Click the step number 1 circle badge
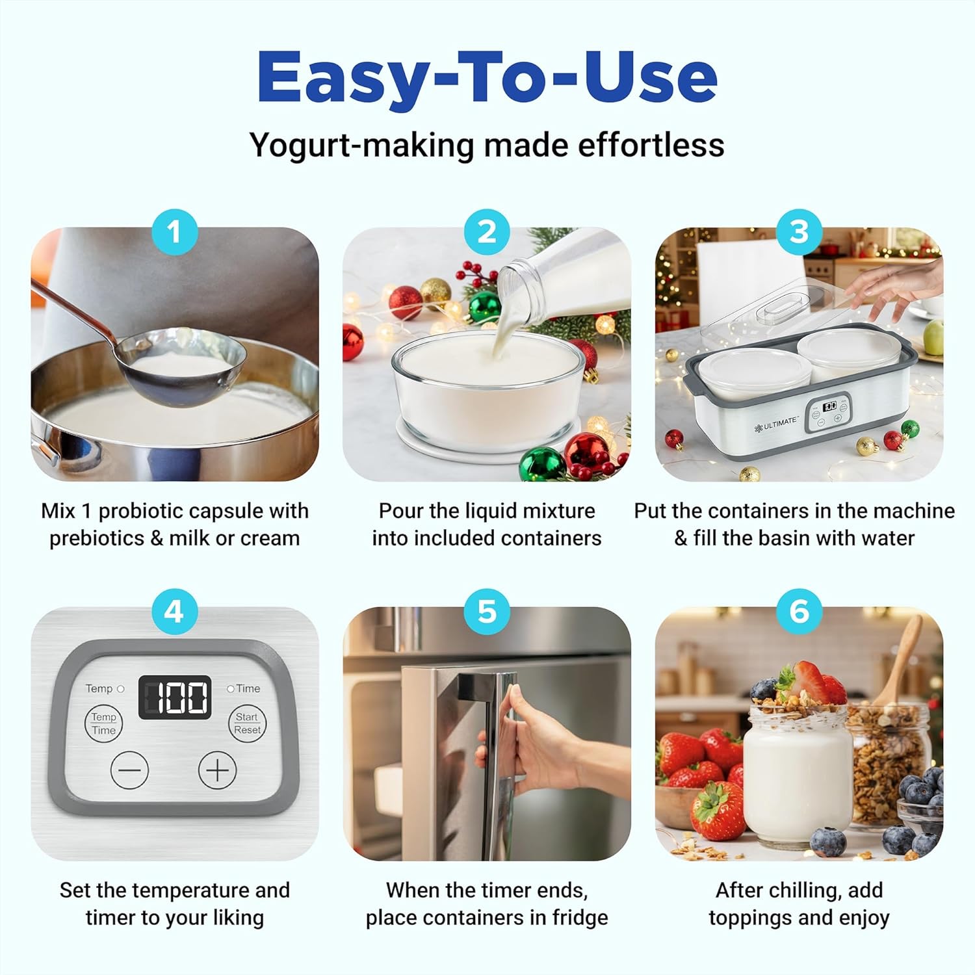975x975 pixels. pos(174,232)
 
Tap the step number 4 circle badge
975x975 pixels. pos(174,612)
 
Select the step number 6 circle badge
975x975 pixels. pos(799,612)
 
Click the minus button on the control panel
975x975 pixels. pos(130,770)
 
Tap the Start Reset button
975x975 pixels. pos(247,723)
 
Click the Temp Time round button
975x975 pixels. pos(103,723)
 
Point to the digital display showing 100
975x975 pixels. pos(175,697)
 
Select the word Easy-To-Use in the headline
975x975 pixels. pos(487,76)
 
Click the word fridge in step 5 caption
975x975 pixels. pos(580,917)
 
